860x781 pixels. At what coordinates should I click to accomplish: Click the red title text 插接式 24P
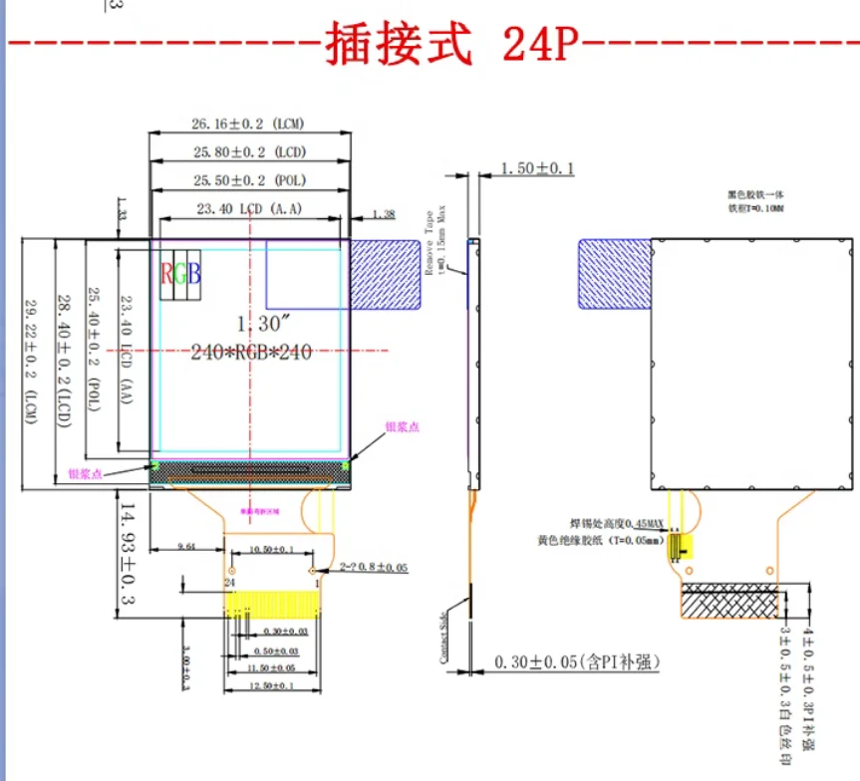pos(449,44)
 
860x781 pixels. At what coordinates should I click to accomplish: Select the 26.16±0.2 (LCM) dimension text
pos(248,124)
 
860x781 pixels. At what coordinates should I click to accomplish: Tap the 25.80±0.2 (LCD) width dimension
pos(248,151)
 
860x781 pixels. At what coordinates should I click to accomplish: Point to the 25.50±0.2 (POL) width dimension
pos(248,180)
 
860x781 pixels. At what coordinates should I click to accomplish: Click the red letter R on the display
pos(166,273)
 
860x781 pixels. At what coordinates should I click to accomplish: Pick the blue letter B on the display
pos(194,273)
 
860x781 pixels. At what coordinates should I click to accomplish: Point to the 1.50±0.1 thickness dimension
pos(537,168)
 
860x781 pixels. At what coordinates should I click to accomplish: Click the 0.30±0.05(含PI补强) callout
pos(578,661)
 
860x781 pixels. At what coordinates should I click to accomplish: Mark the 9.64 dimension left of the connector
pos(186,547)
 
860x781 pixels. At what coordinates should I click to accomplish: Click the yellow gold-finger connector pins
pos(273,604)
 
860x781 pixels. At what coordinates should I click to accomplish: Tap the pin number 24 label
pos(228,581)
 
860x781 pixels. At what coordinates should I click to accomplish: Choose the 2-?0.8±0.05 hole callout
pos(374,567)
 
